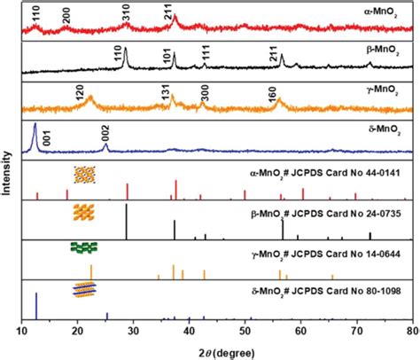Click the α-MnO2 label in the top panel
[x=380, y=13]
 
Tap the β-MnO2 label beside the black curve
[x=383, y=51]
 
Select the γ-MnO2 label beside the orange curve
[x=382, y=90]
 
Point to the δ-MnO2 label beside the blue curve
[x=384, y=129]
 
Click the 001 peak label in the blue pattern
[x=47, y=137]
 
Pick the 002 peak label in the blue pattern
[x=105, y=133]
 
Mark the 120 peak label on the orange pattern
[x=80, y=92]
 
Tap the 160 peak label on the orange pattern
[x=272, y=96]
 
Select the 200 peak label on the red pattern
[x=66, y=15]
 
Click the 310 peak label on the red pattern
[x=127, y=12]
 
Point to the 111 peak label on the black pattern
[x=206, y=53]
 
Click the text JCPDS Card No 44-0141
[x=346, y=173]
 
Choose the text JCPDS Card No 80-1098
[x=346, y=292]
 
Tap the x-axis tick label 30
[x=134, y=331]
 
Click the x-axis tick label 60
[x=301, y=331]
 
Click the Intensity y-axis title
[x=6, y=173]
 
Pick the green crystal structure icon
[x=84, y=247]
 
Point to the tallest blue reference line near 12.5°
[x=36, y=306]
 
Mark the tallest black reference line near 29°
[x=127, y=222]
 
